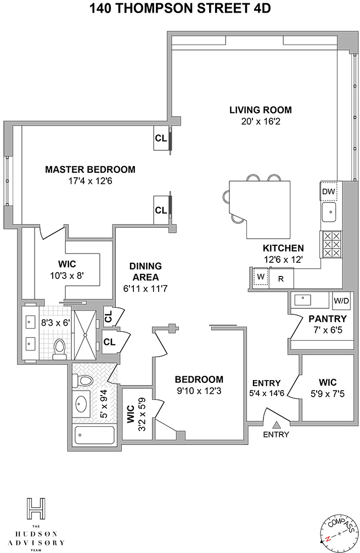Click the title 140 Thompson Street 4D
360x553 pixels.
tap(180, 8)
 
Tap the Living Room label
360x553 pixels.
tap(261, 110)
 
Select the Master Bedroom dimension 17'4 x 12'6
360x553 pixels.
tap(90, 181)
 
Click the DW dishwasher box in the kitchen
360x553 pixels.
tap(329, 191)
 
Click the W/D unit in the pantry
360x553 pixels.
tap(341, 301)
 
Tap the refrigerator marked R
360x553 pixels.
tap(282, 278)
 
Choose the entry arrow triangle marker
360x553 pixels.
tap(277, 425)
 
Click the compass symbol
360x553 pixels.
tap(337, 534)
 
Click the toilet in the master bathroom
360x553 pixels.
tap(59, 349)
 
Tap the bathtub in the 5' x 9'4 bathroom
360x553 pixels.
tap(94, 436)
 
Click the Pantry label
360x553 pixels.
tap(328, 319)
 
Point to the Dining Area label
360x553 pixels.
tap(145, 272)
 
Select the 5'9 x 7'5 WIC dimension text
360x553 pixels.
tap(328, 393)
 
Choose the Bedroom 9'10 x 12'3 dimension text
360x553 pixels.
tap(199, 391)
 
